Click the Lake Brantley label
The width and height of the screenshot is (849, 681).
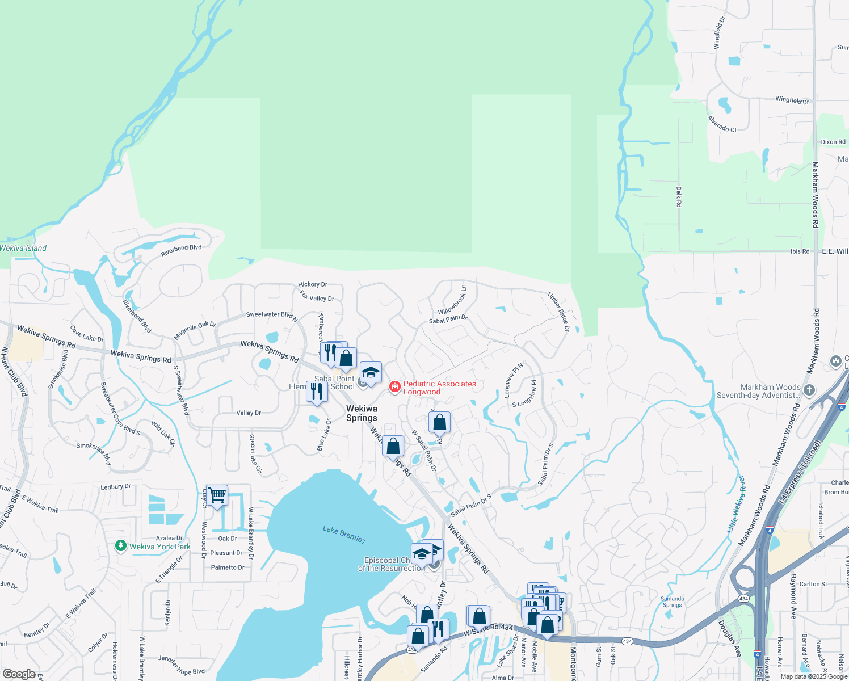click(x=344, y=534)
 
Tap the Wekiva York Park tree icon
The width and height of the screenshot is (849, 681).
click(x=120, y=547)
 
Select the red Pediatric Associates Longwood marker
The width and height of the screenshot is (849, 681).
click(x=394, y=387)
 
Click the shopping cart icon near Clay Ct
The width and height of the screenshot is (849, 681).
click(x=217, y=496)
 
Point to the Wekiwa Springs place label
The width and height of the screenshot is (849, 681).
click(x=362, y=413)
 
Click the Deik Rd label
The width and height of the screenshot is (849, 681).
click(x=679, y=196)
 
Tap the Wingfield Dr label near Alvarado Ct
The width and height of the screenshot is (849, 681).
click(x=792, y=100)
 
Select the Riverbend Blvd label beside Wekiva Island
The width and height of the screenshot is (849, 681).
click(x=181, y=250)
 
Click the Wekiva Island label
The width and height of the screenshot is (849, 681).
click(x=23, y=248)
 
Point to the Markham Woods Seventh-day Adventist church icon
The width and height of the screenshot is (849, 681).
click(x=809, y=390)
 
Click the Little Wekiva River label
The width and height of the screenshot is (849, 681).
click(x=736, y=504)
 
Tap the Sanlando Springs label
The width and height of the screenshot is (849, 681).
click(x=673, y=602)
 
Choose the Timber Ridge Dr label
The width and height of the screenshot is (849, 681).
click(x=558, y=312)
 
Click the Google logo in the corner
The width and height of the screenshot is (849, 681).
click(x=19, y=674)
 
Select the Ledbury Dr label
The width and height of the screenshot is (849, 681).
click(x=115, y=487)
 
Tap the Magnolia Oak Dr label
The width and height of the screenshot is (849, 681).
click(x=195, y=330)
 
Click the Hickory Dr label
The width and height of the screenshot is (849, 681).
click(x=313, y=284)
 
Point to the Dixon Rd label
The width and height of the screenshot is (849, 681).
click(x=833, y=142)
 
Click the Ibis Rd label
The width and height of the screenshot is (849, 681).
click(x=800, y=251)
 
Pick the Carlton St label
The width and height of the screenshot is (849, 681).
click(x=813, y=584)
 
